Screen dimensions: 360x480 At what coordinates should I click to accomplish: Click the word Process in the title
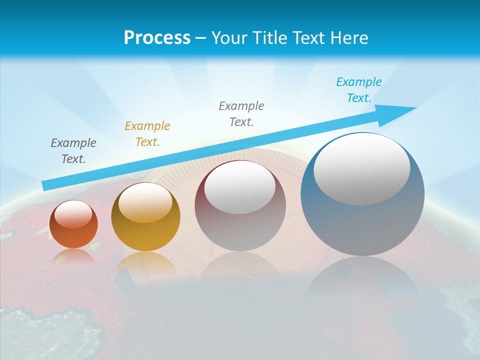click(157, 37)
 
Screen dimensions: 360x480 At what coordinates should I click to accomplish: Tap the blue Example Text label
click(359, 90)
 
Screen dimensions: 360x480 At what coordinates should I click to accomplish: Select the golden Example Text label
click(147, 134)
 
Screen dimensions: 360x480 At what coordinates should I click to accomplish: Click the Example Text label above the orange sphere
click(73, 151)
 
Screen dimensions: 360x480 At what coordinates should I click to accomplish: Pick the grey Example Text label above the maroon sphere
click(241, 113)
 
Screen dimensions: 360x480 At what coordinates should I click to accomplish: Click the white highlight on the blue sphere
click(362, 170)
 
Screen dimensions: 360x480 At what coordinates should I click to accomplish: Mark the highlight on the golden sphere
click(145, 202)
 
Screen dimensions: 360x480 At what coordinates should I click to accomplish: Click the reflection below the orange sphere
click(73, 257)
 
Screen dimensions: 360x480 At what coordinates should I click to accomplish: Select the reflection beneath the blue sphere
click(362, 280)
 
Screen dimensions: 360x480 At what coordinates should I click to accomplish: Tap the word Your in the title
click(229, 37)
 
